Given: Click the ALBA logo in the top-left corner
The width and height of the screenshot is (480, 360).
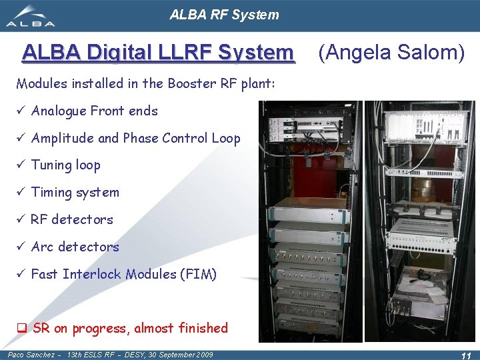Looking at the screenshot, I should click(31, 17).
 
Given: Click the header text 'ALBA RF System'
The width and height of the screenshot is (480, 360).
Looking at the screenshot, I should click(224, 15).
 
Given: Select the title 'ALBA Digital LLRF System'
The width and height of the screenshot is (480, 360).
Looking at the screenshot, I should click(157, 51).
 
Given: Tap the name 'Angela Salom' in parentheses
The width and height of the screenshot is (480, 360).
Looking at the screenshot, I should click(391, 51).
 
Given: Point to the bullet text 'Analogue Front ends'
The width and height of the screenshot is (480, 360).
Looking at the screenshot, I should click(94, 111).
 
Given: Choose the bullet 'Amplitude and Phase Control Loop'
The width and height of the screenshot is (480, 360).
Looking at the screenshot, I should click(135, 138).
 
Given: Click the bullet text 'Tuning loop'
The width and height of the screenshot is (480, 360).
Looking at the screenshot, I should click(65, 165).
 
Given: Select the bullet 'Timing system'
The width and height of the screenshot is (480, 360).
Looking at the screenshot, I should click(75, 193).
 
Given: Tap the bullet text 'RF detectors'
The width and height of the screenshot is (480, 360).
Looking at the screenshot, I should click(72, 219).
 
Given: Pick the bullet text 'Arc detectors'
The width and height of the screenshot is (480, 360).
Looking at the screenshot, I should click(75, 247).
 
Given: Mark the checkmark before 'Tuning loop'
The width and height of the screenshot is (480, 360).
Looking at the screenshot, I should click(21, 165).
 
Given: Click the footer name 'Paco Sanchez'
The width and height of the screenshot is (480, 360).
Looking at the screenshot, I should click(31, 355).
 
